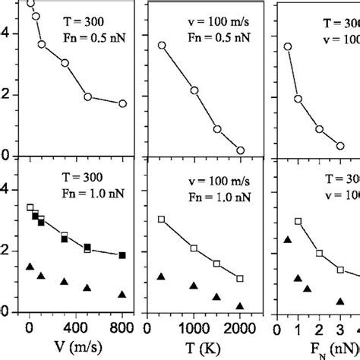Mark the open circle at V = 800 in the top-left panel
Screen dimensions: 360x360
122,103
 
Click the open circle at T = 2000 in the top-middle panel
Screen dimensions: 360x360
240,150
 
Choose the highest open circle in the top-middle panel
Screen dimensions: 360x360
161,46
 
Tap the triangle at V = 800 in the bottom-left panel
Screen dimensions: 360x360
122,294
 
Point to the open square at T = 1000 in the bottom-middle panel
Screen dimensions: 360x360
194,248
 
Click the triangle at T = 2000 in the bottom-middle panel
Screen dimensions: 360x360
240,306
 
